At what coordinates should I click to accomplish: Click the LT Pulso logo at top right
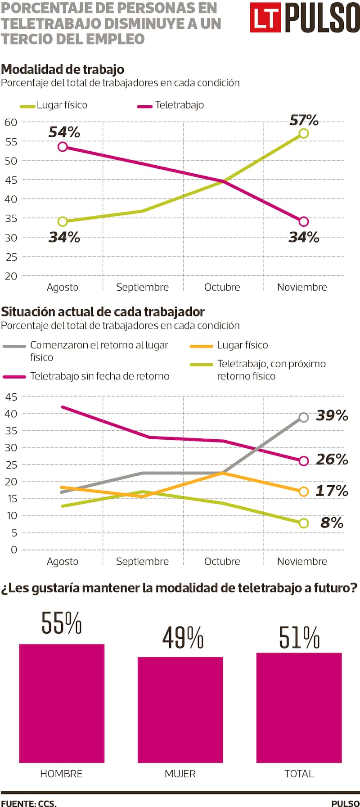[305, 18]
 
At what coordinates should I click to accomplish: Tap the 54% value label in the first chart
[64, 132]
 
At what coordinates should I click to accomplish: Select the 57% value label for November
[304, 120]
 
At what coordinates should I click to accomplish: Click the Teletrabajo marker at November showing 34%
[304, 221]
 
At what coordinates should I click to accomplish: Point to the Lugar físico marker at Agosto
[63, 221]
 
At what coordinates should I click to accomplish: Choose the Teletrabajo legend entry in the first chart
[171, 105]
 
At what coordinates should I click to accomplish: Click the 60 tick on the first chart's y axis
[11, 122]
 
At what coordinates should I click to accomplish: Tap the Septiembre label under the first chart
[142, 287]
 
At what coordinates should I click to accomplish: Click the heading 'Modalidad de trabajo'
[63, 69]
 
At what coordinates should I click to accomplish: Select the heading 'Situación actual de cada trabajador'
[103, 311]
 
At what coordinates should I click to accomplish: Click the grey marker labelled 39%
[304, 417]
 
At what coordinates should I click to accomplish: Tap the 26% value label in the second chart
[332, 459]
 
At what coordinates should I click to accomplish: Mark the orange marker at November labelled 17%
[304, 491]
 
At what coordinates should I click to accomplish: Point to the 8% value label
[332, 523]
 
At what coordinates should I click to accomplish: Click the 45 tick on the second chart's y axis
[11, 397]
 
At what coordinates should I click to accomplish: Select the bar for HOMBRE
[62, 703]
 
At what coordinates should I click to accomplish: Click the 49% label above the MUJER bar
[183, 638]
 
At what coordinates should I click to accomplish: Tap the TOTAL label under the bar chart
[299, 774]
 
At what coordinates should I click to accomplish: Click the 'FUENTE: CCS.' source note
[29, 803]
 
